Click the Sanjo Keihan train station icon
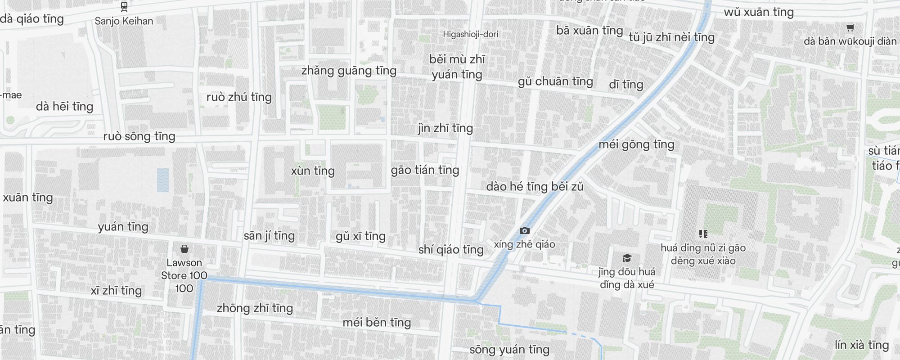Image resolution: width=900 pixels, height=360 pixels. [124, 7]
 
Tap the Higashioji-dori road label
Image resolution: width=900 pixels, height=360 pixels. [470, 34]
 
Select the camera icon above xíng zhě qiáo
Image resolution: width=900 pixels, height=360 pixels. [524, 231]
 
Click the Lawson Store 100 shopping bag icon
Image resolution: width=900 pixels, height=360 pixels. [184, 249]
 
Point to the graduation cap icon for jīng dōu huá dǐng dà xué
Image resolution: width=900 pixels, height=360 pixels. [626, 258]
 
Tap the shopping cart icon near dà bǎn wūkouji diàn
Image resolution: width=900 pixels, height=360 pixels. [850, 28]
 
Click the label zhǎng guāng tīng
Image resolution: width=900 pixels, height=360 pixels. [349, 71]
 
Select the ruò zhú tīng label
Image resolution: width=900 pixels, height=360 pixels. [239, 97]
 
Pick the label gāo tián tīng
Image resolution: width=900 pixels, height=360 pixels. [425, 170]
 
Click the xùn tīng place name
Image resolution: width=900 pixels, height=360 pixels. [313, 171]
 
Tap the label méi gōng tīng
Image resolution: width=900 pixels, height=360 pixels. [636, 144]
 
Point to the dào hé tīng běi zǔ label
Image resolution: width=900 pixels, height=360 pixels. [535, 187]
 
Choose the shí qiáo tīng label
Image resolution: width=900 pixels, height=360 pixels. [451, 250]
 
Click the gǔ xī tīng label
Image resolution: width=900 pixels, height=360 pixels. [360, 236]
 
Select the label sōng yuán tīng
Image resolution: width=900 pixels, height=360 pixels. [509, 350]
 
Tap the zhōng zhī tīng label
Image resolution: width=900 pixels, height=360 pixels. [255, 308]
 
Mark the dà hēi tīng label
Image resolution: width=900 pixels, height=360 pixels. [64, 107]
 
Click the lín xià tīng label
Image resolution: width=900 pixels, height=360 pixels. [862, 345]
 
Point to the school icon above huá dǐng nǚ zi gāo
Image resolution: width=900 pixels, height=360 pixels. [703, 234]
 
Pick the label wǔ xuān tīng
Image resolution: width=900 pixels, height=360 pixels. [759, 12]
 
